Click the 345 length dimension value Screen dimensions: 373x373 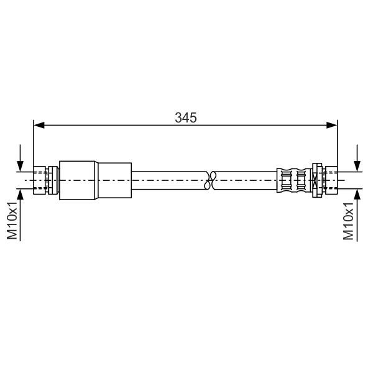186,117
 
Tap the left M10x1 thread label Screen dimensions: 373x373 12,220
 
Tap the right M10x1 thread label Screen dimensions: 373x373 348,221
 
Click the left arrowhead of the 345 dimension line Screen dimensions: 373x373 39,125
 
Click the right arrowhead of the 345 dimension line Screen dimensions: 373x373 332,125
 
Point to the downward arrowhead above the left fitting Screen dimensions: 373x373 21,166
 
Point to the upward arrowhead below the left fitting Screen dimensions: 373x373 21,195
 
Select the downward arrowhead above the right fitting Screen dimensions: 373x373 357,166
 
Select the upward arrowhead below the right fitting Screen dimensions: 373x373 357,195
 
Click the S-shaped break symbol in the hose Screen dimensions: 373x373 210,180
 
